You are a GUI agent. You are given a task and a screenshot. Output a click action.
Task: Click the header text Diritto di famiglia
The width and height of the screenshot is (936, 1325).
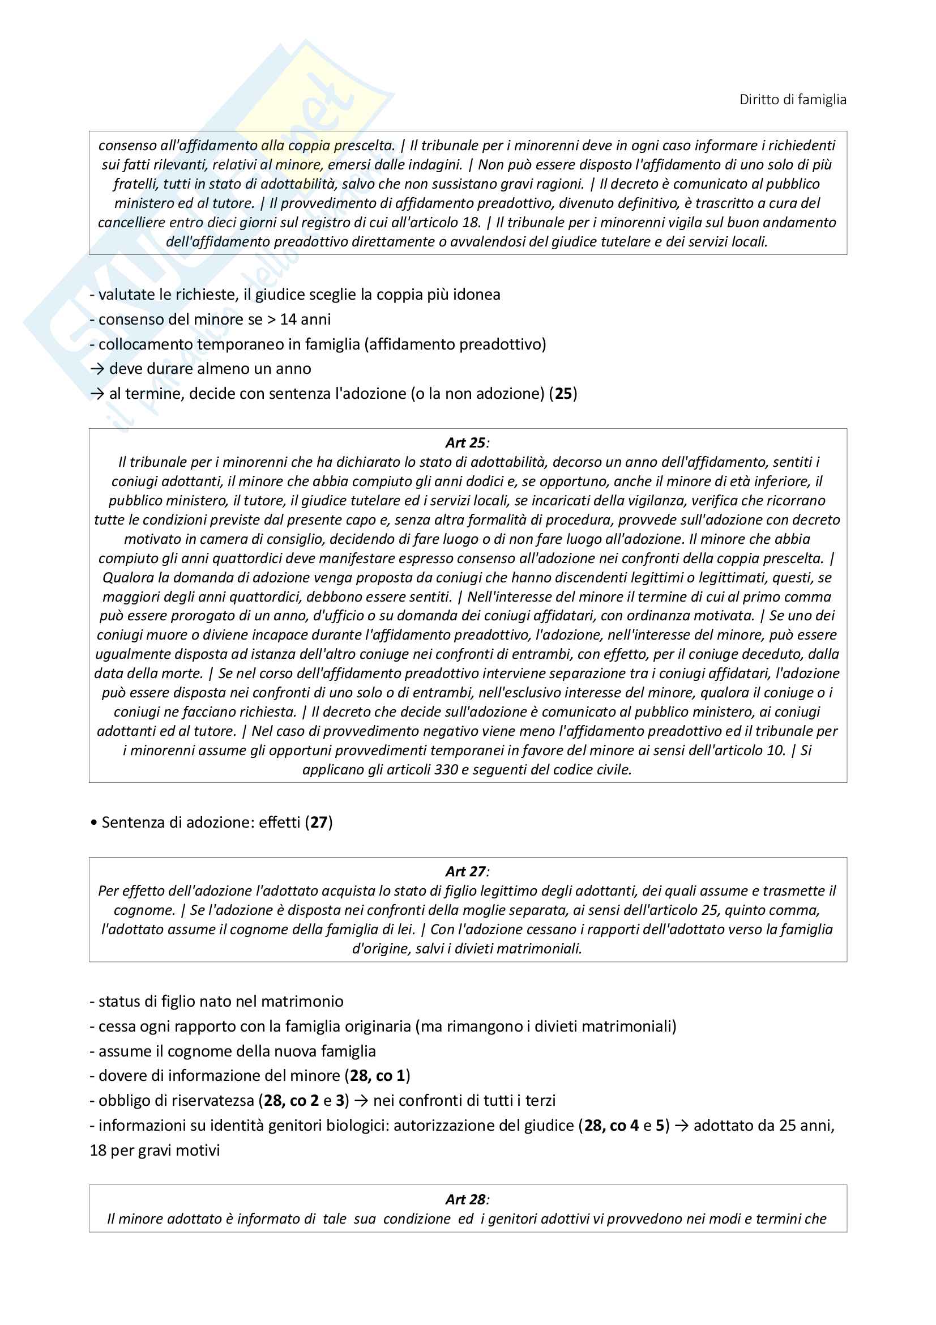[x=792, y=100]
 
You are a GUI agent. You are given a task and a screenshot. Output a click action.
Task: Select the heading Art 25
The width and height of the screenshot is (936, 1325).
[x=466, y=442]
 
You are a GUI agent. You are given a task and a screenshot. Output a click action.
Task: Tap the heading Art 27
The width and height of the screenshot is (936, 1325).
[x=466, y=871]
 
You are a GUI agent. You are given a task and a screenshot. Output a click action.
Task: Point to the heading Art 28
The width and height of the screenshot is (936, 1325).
[x=466, y=1199]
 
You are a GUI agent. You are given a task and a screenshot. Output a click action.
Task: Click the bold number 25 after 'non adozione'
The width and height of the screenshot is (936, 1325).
[x=563, y=394]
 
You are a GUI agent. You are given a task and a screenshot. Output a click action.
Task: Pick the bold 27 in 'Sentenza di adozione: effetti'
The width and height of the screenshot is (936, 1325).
[x=318, y=822]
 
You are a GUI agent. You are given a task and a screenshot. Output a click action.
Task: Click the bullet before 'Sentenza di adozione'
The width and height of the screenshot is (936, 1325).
[x=94, y=823]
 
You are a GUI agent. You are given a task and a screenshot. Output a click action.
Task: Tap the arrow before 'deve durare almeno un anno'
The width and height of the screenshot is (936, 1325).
[x=97, y=369]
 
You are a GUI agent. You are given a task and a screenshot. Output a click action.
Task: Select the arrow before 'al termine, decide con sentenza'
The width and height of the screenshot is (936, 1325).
[x=97, y=394]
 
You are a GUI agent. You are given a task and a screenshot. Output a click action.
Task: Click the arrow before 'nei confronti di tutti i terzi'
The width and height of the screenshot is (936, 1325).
[x=361, y=1101]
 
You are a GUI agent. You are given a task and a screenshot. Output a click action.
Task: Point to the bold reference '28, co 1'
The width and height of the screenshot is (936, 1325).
[x=377, y=1076]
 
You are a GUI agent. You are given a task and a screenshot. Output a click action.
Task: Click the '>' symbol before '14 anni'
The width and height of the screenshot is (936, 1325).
[x=271, y=319]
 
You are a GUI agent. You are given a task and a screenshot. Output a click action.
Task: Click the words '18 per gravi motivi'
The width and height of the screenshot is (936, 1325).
[x=155, y=1150]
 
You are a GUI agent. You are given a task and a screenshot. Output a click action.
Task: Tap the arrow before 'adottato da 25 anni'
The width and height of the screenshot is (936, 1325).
[x=681, y=1126]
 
